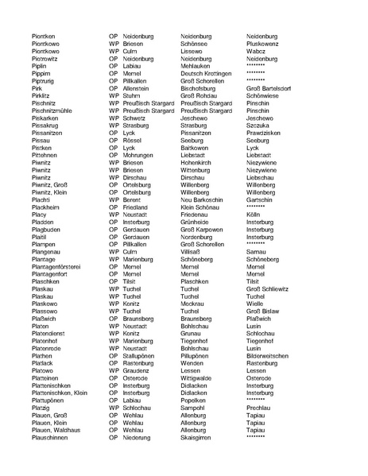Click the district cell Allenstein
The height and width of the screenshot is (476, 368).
coord(139,88)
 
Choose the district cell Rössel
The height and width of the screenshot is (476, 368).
coord(135,140)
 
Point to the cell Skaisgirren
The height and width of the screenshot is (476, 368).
coord(199,438)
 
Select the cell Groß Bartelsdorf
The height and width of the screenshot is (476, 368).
coord(277,88)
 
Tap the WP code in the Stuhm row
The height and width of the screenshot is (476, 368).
coord(114,95)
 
